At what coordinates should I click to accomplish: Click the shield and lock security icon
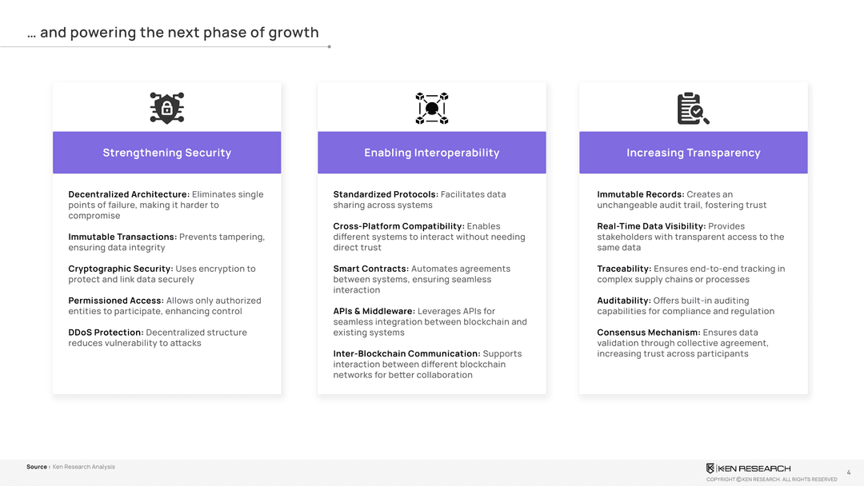coord(167,108)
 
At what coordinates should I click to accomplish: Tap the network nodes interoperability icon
coord(431,109)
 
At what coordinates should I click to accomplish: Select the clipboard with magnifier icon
coord(693,109)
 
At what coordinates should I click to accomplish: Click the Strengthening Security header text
coord(167,153)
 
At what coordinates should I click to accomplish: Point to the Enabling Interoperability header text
coord(431,153)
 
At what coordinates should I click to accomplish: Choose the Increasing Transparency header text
coord(693,153)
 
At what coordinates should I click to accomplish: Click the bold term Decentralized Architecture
coord(129,194)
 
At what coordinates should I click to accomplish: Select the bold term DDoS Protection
coord(106,333)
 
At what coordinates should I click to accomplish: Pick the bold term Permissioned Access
coord(116,301)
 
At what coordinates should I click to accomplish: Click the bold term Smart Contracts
coord(371,269)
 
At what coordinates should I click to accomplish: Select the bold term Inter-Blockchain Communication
coord(406,353)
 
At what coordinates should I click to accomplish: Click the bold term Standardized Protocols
coord(386,194)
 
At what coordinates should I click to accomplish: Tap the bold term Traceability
coord(624,269)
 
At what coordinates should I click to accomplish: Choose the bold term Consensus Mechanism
coord(649,333)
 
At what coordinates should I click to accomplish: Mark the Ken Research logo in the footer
coord(748,468)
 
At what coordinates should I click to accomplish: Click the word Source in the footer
coord(37,467)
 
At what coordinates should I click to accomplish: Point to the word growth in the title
coord(294,33)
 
